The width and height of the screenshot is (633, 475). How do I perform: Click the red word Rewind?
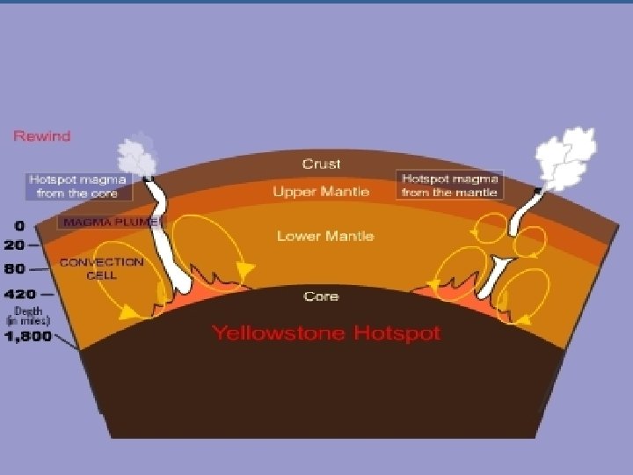click(41, 136)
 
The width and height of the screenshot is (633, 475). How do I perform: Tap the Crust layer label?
click(321, 164)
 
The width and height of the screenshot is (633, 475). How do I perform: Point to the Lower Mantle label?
click(325, 236)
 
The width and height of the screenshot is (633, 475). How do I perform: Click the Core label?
click(321, 296)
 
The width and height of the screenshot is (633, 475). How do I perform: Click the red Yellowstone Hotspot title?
click(325, 333)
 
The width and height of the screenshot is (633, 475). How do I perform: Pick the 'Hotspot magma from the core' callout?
click(78, 186)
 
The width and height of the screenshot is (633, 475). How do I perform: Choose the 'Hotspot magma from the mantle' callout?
click(449, 185)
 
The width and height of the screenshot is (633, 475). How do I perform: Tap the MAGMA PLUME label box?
click(110, 223)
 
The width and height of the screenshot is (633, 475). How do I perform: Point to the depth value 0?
click(18, 226)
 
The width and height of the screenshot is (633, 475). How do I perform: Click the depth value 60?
click(16, 269)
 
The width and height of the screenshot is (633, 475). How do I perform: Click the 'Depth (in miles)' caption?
click(26, 316)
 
